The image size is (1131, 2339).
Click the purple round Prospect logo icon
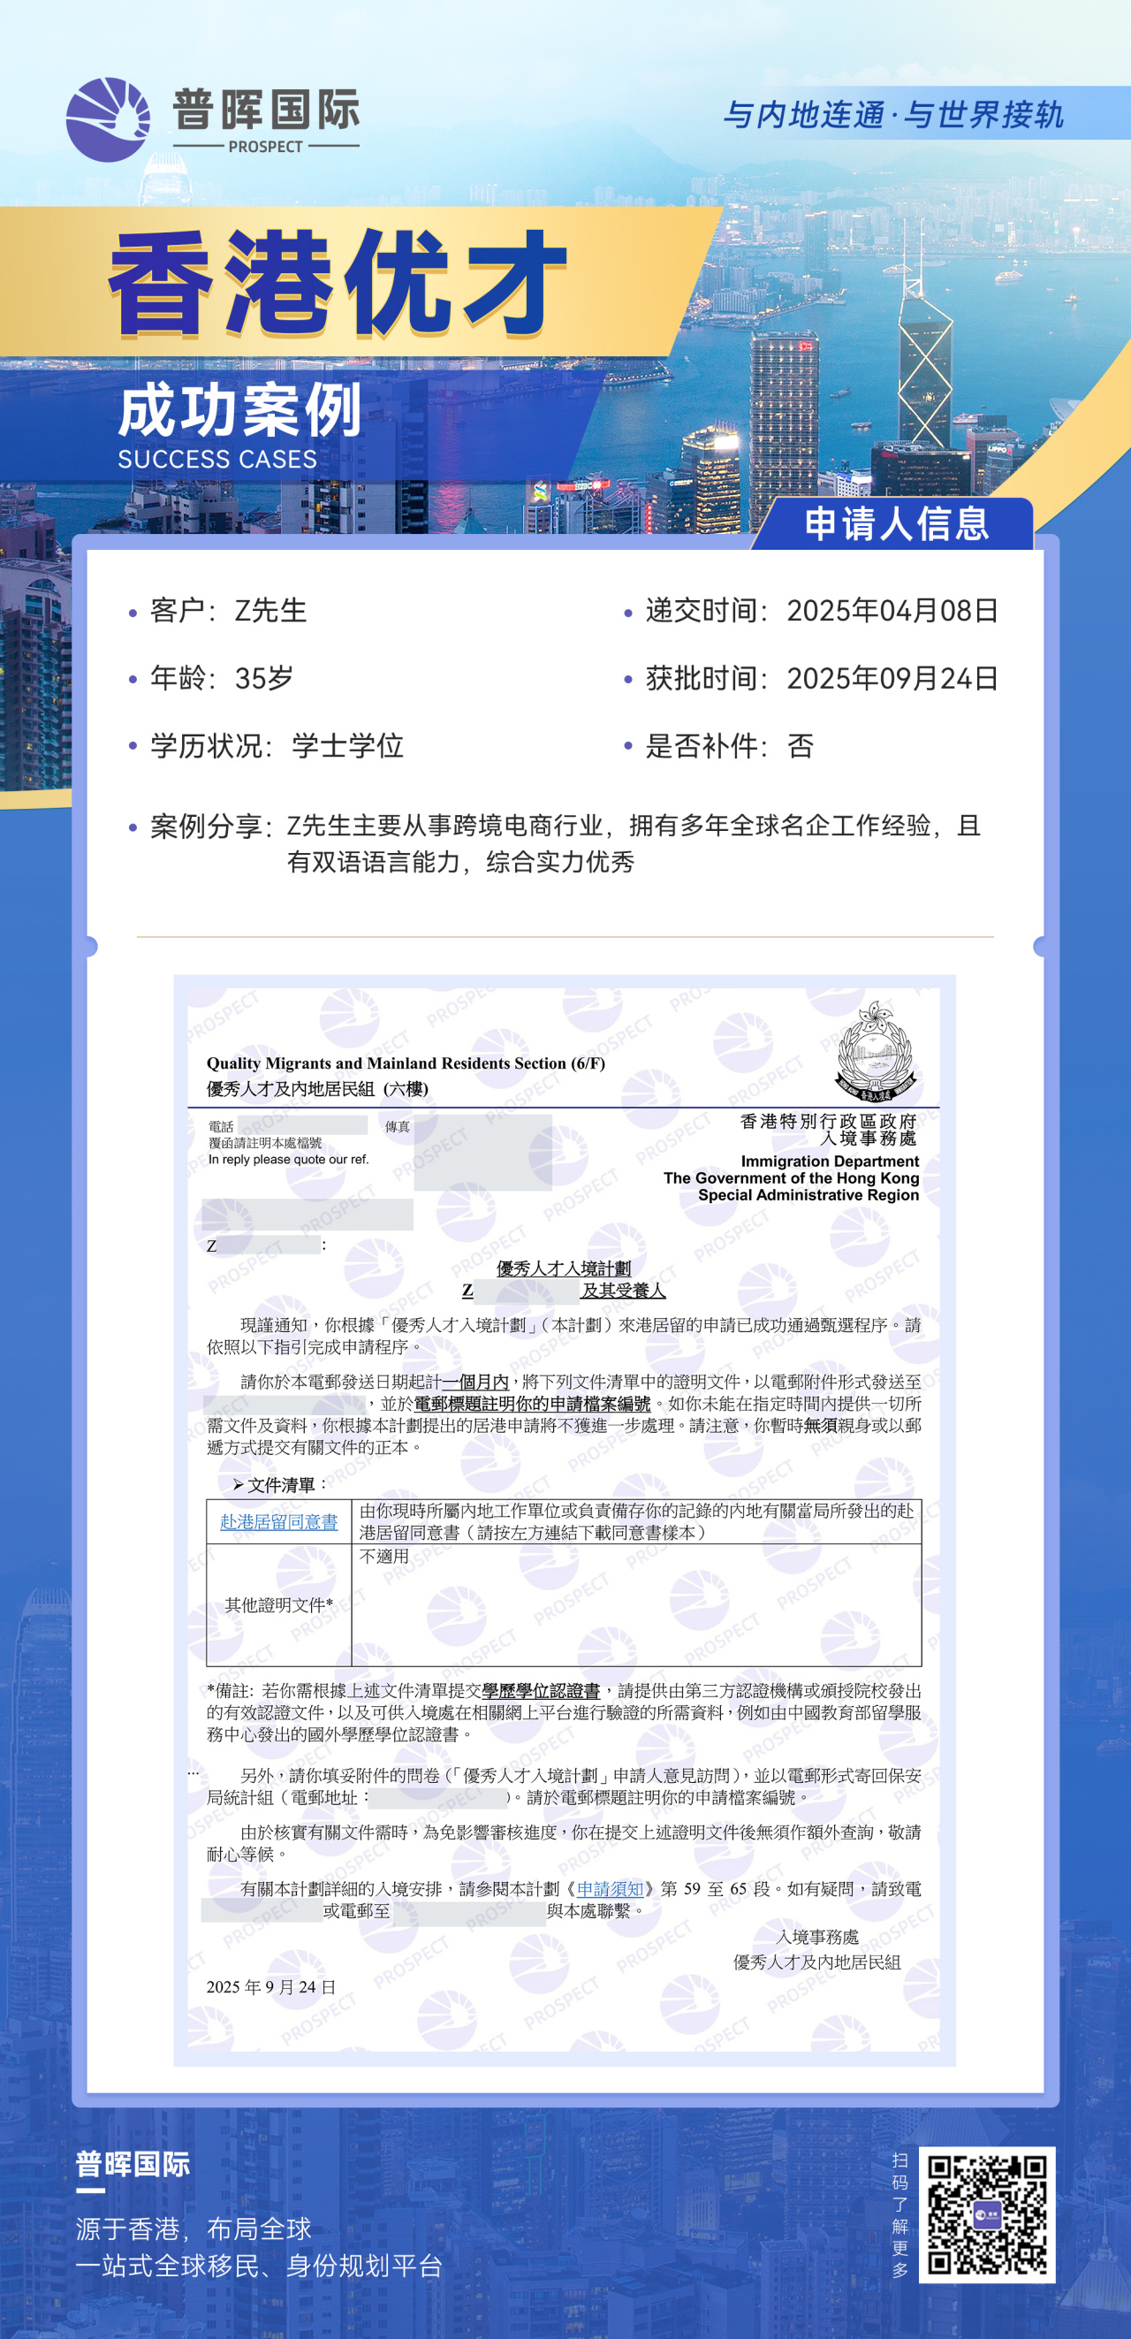(x=108, y=120)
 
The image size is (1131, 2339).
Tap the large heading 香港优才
(x=337, y=282)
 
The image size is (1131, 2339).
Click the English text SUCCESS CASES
(x=217, y=460)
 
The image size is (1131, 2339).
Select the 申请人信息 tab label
(x=896, y=524)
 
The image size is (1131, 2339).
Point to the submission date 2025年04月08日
(x=892, y=611)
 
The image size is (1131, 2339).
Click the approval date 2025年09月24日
(x=892, y=678)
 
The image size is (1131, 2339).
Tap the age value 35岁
(x=263, y=678)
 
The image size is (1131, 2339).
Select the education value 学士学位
(x=346, y=746)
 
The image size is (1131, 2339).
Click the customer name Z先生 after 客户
(x=270, y=611)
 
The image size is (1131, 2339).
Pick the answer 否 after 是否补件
(x=800, y=746)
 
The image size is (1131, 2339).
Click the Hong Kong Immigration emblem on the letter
(x=875, y=1051)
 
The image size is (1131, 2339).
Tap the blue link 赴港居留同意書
(x=278, y=1522)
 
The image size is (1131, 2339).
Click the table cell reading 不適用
(x=384, y=1557)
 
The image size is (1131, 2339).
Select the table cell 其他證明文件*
(x=278, y=1604)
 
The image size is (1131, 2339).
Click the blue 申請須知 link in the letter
(x=610, y=1889)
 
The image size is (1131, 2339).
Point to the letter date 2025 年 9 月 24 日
(x=270, y=1986)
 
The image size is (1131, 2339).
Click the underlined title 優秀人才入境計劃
(x=564, y=1269)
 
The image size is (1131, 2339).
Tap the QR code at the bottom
(x=987, y=2214)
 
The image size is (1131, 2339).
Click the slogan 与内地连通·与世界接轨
(x=892, y=115)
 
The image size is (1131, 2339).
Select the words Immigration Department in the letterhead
(x=830, y=1162)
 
